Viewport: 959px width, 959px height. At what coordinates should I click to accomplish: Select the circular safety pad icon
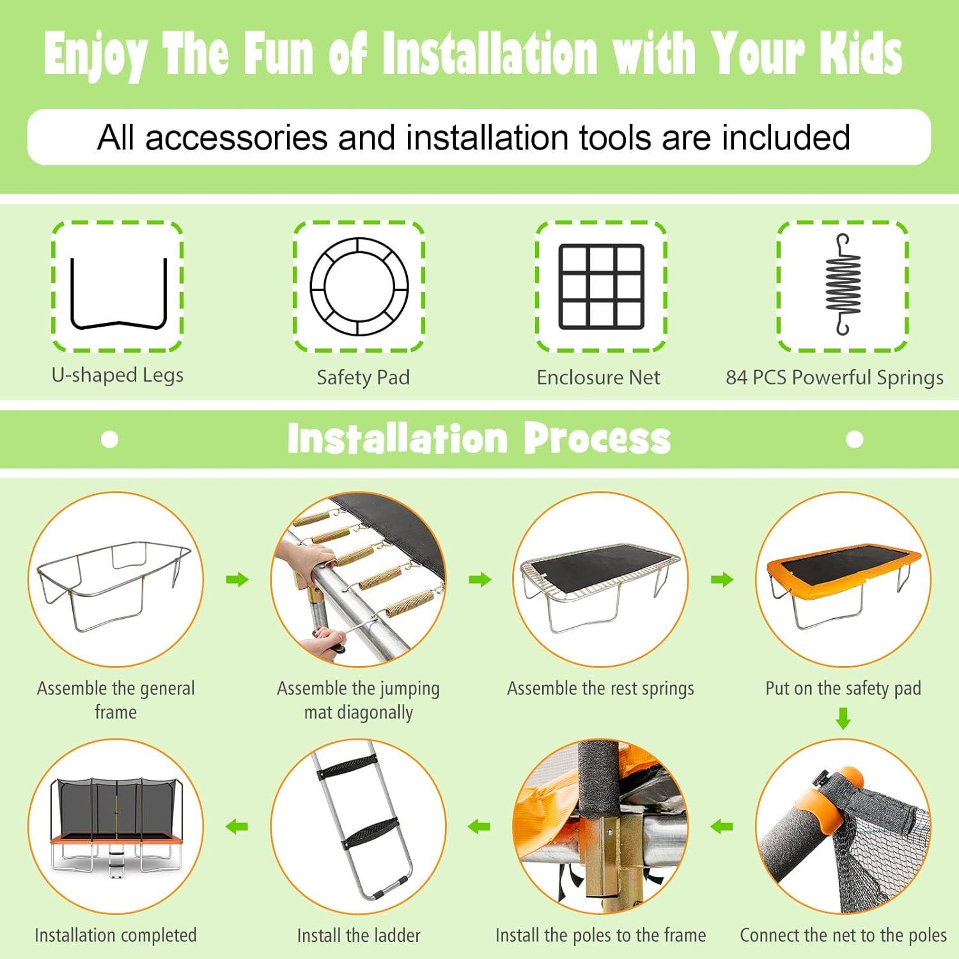(359, 243)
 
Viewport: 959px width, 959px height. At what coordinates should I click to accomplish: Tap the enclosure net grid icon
(602, 286)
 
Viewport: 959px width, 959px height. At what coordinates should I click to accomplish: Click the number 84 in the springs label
(736, 377)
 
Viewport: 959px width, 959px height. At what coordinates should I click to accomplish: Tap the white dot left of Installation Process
(110, 439)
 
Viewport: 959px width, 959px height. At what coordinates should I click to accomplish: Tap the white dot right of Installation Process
(855, 439)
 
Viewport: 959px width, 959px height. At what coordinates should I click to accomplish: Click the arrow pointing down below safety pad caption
(843, 718)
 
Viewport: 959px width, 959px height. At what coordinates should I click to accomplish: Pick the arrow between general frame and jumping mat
(237, 580)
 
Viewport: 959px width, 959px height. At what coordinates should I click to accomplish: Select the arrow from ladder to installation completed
(237, 827)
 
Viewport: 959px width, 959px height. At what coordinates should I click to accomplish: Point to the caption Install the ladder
(359, 935)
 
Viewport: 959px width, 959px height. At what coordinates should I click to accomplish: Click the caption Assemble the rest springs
(600, 689)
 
